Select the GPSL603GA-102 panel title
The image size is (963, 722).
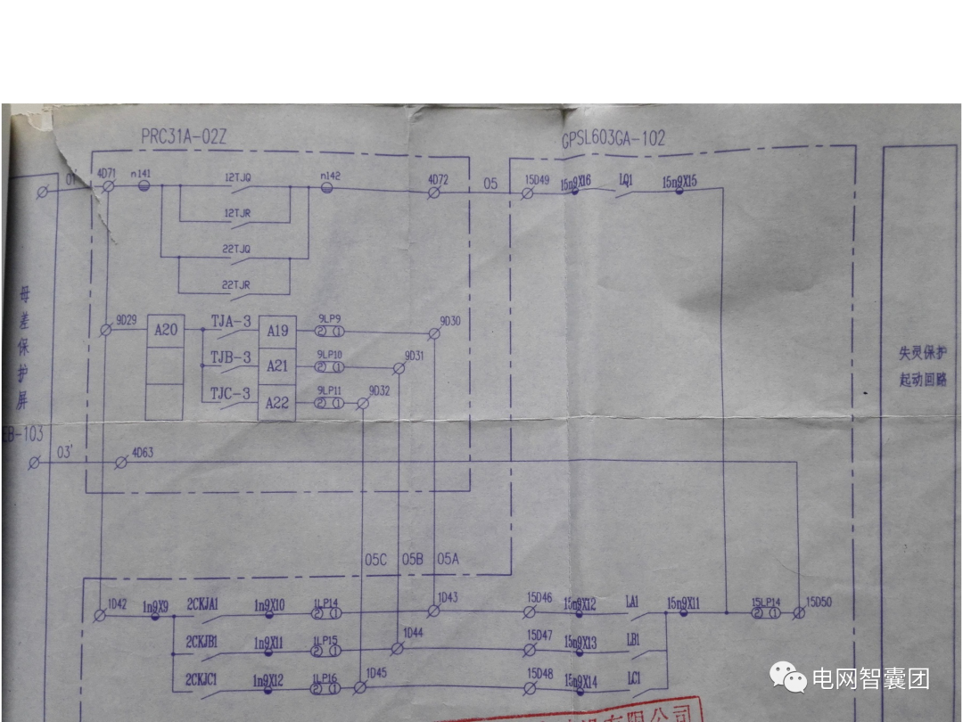pyautogui.click(x=613, y=139)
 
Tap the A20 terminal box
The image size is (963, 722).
pyautogui.click(x=166, y=330)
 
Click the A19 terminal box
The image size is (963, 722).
pyautogui.click(x=277, y=331)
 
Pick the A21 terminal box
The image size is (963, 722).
pyautogui.click(x=277, y=366)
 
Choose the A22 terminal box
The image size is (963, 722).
pyautogui.click(x=277, y=403)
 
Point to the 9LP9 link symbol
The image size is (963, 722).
pyautogui.click(x=329, y=332)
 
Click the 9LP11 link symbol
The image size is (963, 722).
pyautogui.click(x=329, y=404)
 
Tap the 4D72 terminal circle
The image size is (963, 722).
pyautogui.click(x=434, y=192)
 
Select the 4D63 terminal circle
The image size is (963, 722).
pyautogui.click(x=122, y=463)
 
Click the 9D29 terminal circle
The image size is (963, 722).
pyautogui.click(x=106, y=330)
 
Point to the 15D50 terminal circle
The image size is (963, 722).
pyautogui.click(x=799, y=613)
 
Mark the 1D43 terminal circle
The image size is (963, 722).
pyautogui.click(x=433, y=611)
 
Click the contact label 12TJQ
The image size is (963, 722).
pyautogui.click(x=237, y=177)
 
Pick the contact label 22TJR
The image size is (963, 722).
pyautogui.click(x=236, y=284)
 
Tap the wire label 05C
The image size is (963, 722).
pyautogui.click(x=375, y=560)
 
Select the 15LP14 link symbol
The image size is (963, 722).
pyautogui.click(x=766, y=613)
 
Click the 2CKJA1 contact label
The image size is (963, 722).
pyautogui.click(x=202, y=604)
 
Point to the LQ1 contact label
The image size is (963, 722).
pyautogui.click(x=626, y=180)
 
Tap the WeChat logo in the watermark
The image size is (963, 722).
pyautogui.click(x=788, y=677)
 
